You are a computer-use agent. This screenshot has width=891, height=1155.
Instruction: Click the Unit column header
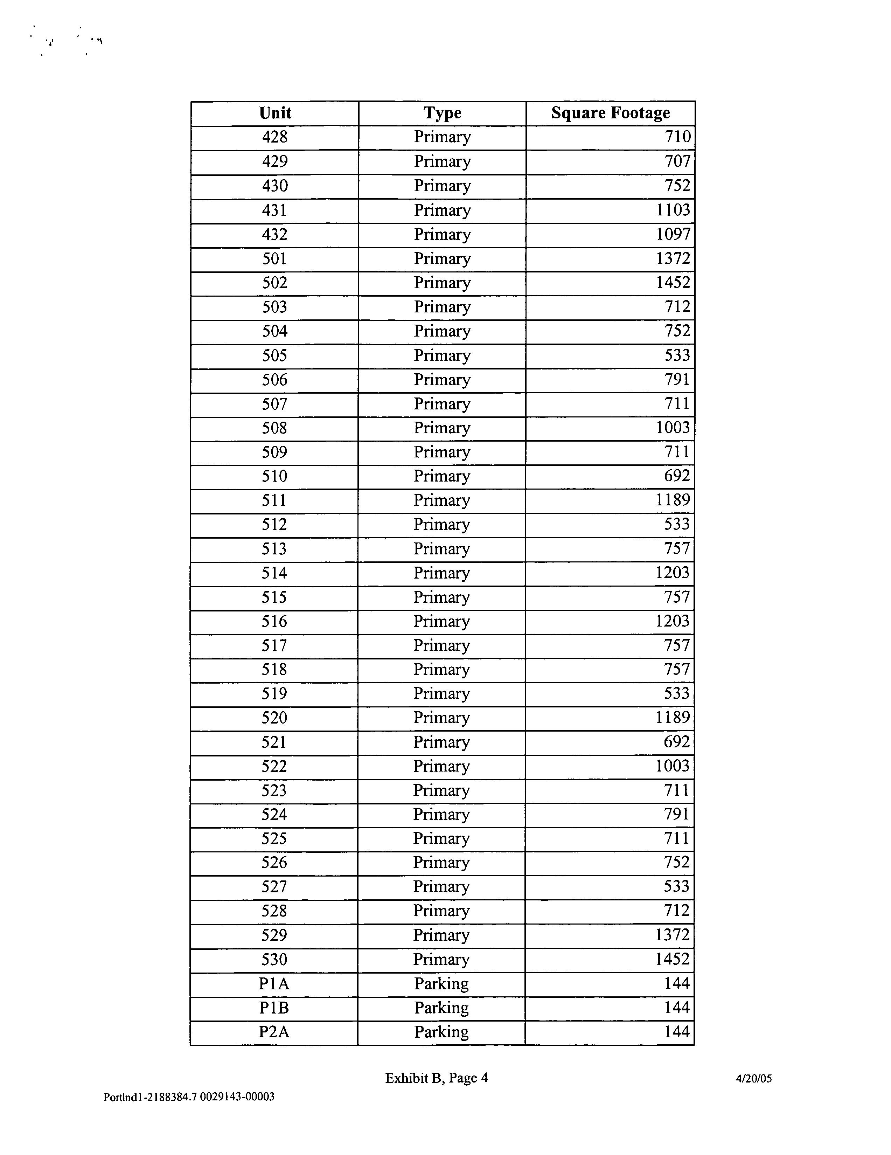[x=275, y=113]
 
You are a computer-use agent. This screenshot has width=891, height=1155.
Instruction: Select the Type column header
[x=442, y=113]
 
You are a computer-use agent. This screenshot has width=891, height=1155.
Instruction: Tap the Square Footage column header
[x=610, y=113]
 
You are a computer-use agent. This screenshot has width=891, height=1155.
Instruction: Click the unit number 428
[x=275, y=137]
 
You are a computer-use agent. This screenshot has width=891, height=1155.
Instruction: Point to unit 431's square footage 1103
[x=673, y=210]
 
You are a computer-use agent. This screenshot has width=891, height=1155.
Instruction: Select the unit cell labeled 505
[x=275, y=355]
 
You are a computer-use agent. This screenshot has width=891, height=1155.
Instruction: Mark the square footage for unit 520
[x=673, y=718]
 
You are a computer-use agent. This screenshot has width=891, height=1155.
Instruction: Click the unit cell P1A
[x=274, y=984]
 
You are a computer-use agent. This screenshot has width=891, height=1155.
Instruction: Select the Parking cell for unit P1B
[x=441, y=1008]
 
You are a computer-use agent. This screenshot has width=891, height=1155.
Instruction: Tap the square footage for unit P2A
[x=677, y=1032]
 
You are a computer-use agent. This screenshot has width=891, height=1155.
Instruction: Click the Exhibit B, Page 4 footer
[x=436, y=1078]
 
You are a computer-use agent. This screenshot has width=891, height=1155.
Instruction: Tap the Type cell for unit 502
[x=442, y=283]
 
